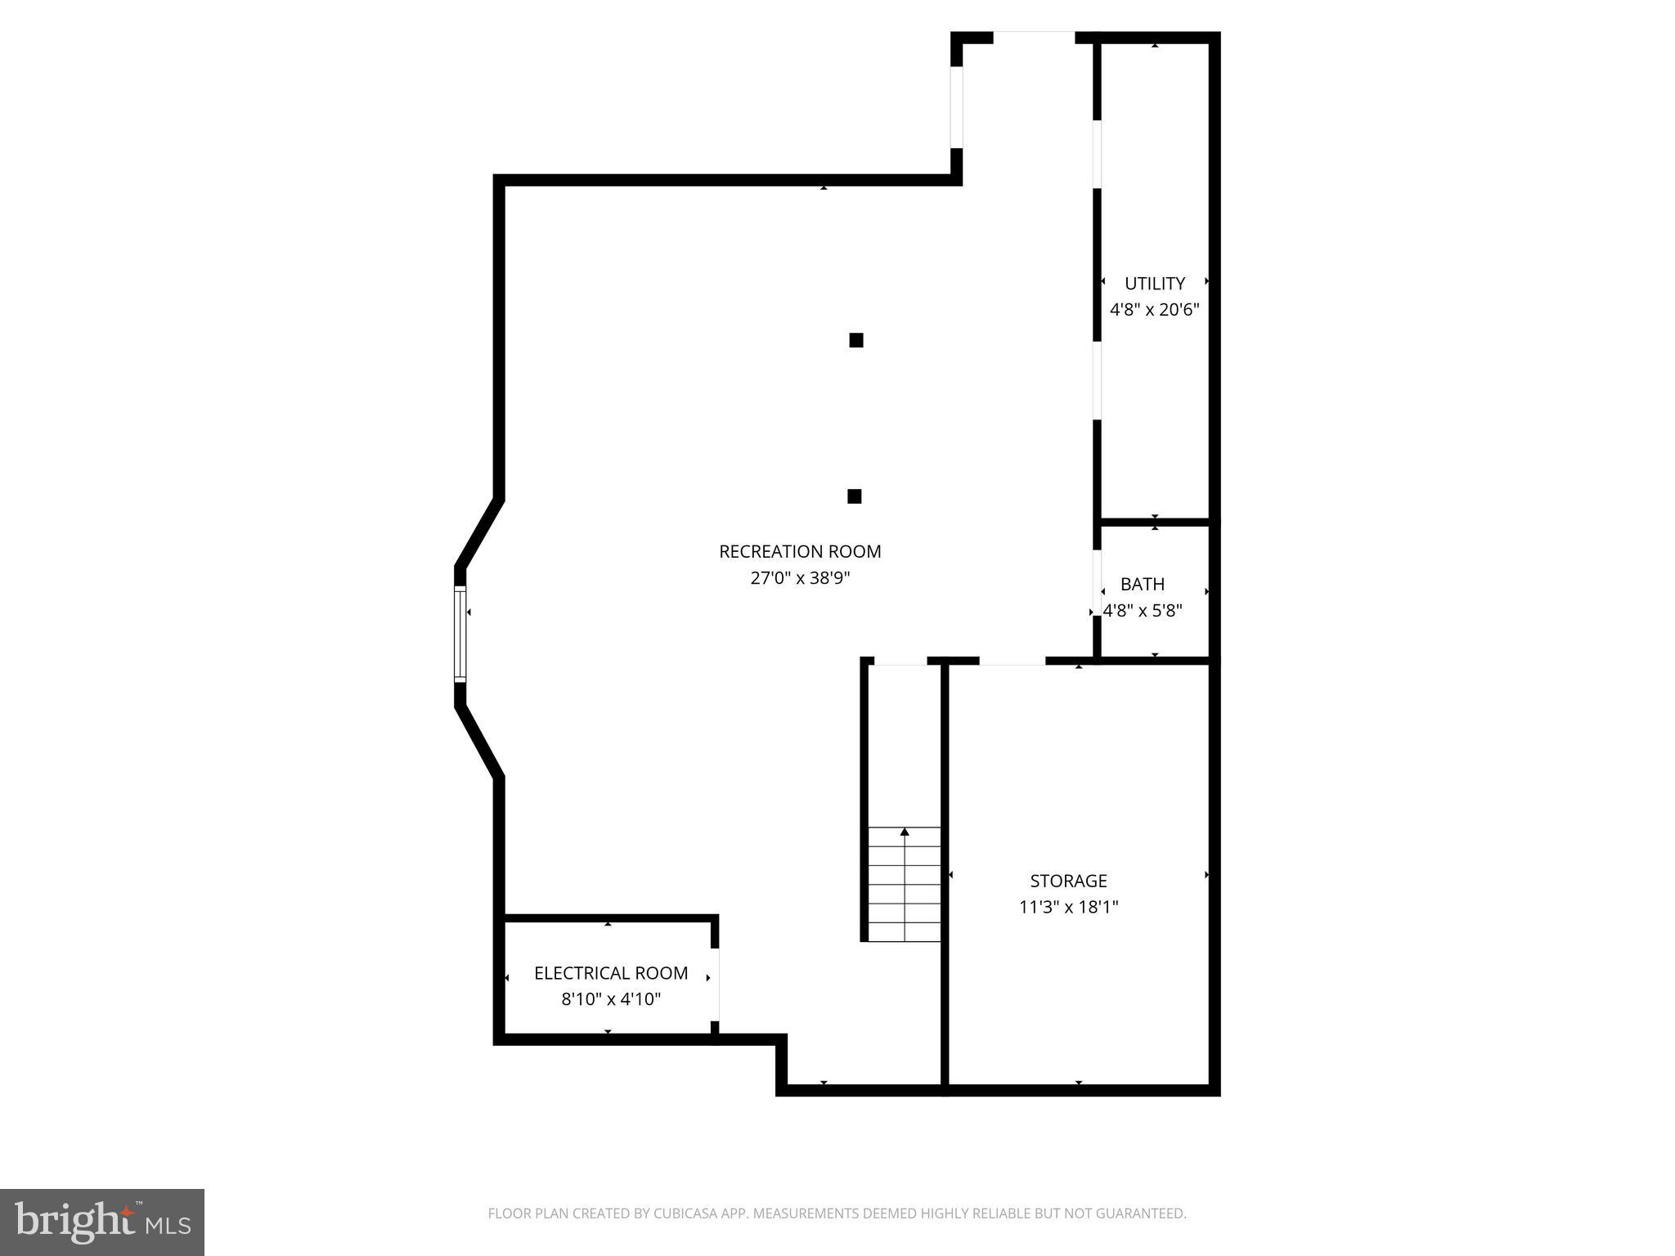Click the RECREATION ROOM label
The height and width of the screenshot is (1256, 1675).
click(x=800, y=552)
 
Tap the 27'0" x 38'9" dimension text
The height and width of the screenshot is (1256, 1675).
click(x=800, y=578)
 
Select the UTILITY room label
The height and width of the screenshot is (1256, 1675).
click(x=1154, y=284)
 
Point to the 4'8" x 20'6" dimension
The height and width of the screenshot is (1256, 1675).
click(x=1154, y=310)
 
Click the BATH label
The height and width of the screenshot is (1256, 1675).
click(x=1142, y=585)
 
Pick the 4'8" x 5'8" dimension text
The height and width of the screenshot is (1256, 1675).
click(x=1142, y=611)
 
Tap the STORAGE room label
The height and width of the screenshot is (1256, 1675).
click(x=1068, y=881)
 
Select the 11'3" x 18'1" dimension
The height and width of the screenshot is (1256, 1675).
click(x=1068, y=907)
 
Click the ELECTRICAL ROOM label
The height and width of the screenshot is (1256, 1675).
click(x=611, y=973)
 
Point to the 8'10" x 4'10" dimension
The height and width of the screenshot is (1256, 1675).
click(x=611, y=999)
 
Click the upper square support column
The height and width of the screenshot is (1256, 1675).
click(x=856, y=340)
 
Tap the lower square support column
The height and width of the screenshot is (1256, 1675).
click(x=855, y=496)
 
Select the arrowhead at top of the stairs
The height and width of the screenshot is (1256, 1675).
click(x=905, y=832)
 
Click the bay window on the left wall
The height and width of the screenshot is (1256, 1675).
click(x=460, y=634)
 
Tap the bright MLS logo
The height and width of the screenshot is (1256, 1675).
click(x=102, y=1222)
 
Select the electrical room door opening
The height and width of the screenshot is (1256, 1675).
click(x=715, y=985)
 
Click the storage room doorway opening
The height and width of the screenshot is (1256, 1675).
click(x=1013, y=661)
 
